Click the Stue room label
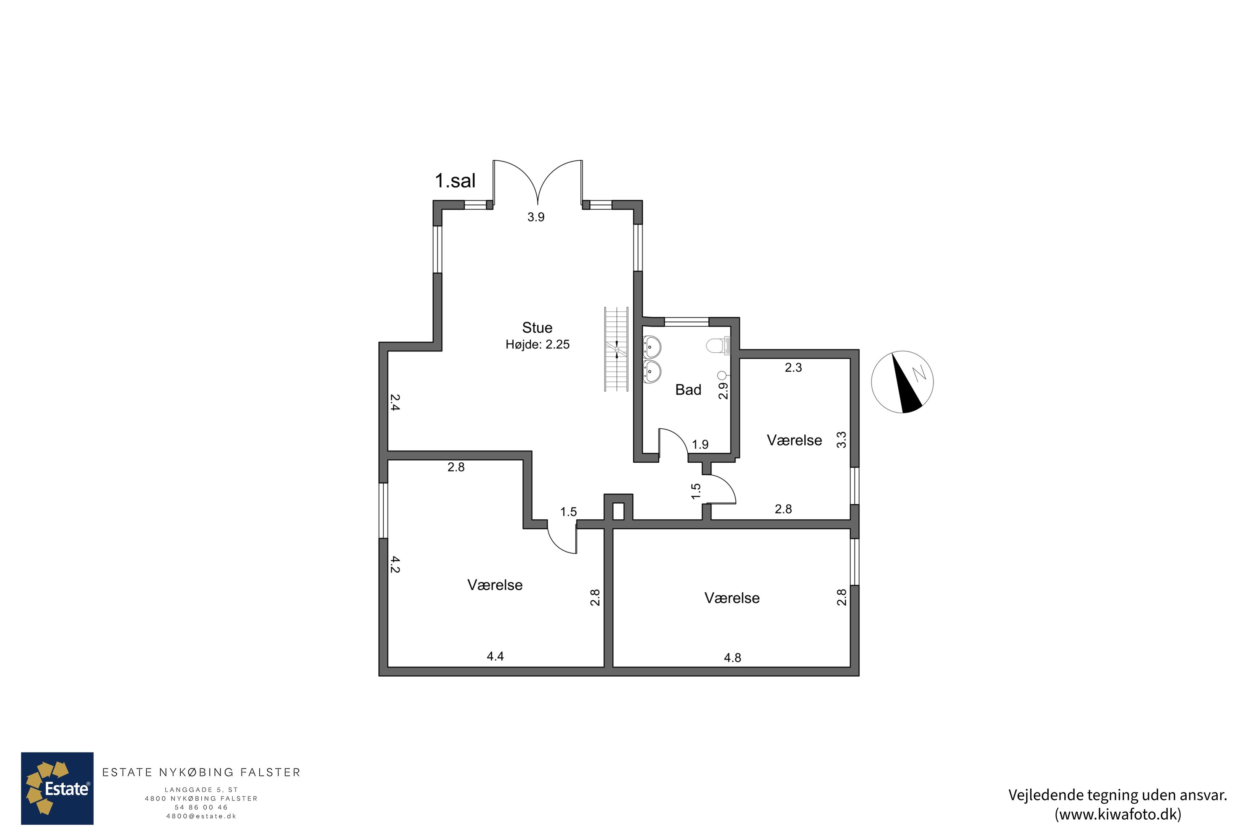537,328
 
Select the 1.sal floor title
455,181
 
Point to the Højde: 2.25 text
538,344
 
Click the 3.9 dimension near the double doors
536,217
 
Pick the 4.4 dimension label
495,656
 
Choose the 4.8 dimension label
732,658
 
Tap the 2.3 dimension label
793,367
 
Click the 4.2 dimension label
395,565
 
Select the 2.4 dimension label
395,402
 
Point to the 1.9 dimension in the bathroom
700,444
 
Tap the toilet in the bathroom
718,346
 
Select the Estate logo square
57,788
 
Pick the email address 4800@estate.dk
201,816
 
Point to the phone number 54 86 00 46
201,808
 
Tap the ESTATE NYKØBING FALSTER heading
201,772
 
